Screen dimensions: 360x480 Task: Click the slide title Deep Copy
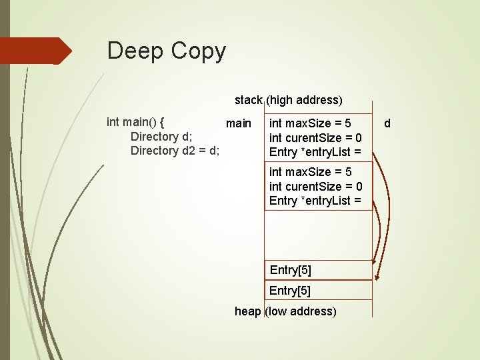coord(167,51)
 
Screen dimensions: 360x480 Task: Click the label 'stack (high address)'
coord(288,100)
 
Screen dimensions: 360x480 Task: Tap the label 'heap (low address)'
coord(285,311)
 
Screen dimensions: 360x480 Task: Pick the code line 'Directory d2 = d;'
coord(175,151)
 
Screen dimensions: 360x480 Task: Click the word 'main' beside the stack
coord(239,123)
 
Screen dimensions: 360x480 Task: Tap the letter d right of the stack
coord(387,123)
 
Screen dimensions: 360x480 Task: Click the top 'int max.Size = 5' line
coord(310,123)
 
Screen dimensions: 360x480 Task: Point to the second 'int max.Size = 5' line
coord(310,173)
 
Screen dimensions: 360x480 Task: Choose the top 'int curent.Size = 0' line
coord(315,138)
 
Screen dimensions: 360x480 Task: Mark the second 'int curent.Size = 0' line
coord(315,187)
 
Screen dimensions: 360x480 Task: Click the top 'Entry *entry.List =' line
coord(315,152)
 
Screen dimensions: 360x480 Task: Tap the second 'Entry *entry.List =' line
coord(315,201)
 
